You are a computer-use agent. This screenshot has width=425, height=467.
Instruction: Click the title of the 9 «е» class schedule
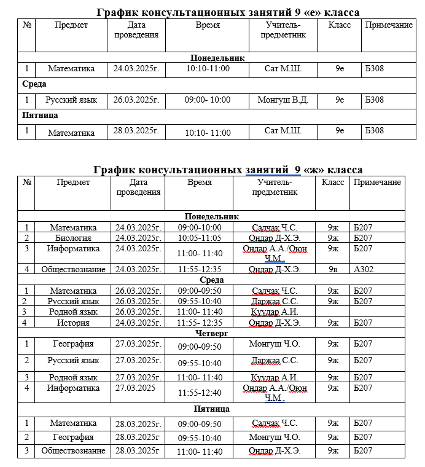228,12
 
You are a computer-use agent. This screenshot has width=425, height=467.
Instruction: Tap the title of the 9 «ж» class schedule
228,170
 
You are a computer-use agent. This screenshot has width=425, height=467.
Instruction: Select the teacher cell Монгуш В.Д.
283,100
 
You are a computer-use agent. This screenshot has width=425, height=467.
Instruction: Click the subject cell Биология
73,238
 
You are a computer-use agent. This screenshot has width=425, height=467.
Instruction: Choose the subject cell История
73,322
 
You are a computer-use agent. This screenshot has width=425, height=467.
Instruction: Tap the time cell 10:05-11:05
200,238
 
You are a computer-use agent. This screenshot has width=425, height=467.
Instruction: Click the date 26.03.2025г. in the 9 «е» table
136,100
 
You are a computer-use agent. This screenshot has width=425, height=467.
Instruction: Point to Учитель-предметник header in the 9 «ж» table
275,187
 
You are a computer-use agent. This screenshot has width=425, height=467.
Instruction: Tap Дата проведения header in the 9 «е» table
136,30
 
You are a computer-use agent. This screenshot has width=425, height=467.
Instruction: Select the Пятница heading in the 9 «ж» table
212,409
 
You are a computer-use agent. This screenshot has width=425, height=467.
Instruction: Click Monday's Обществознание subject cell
73,269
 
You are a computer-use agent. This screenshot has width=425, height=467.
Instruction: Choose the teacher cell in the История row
275,322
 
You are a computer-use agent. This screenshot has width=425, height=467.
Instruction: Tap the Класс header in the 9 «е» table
340,25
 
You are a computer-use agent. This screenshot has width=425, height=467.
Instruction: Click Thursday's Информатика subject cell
73,388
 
